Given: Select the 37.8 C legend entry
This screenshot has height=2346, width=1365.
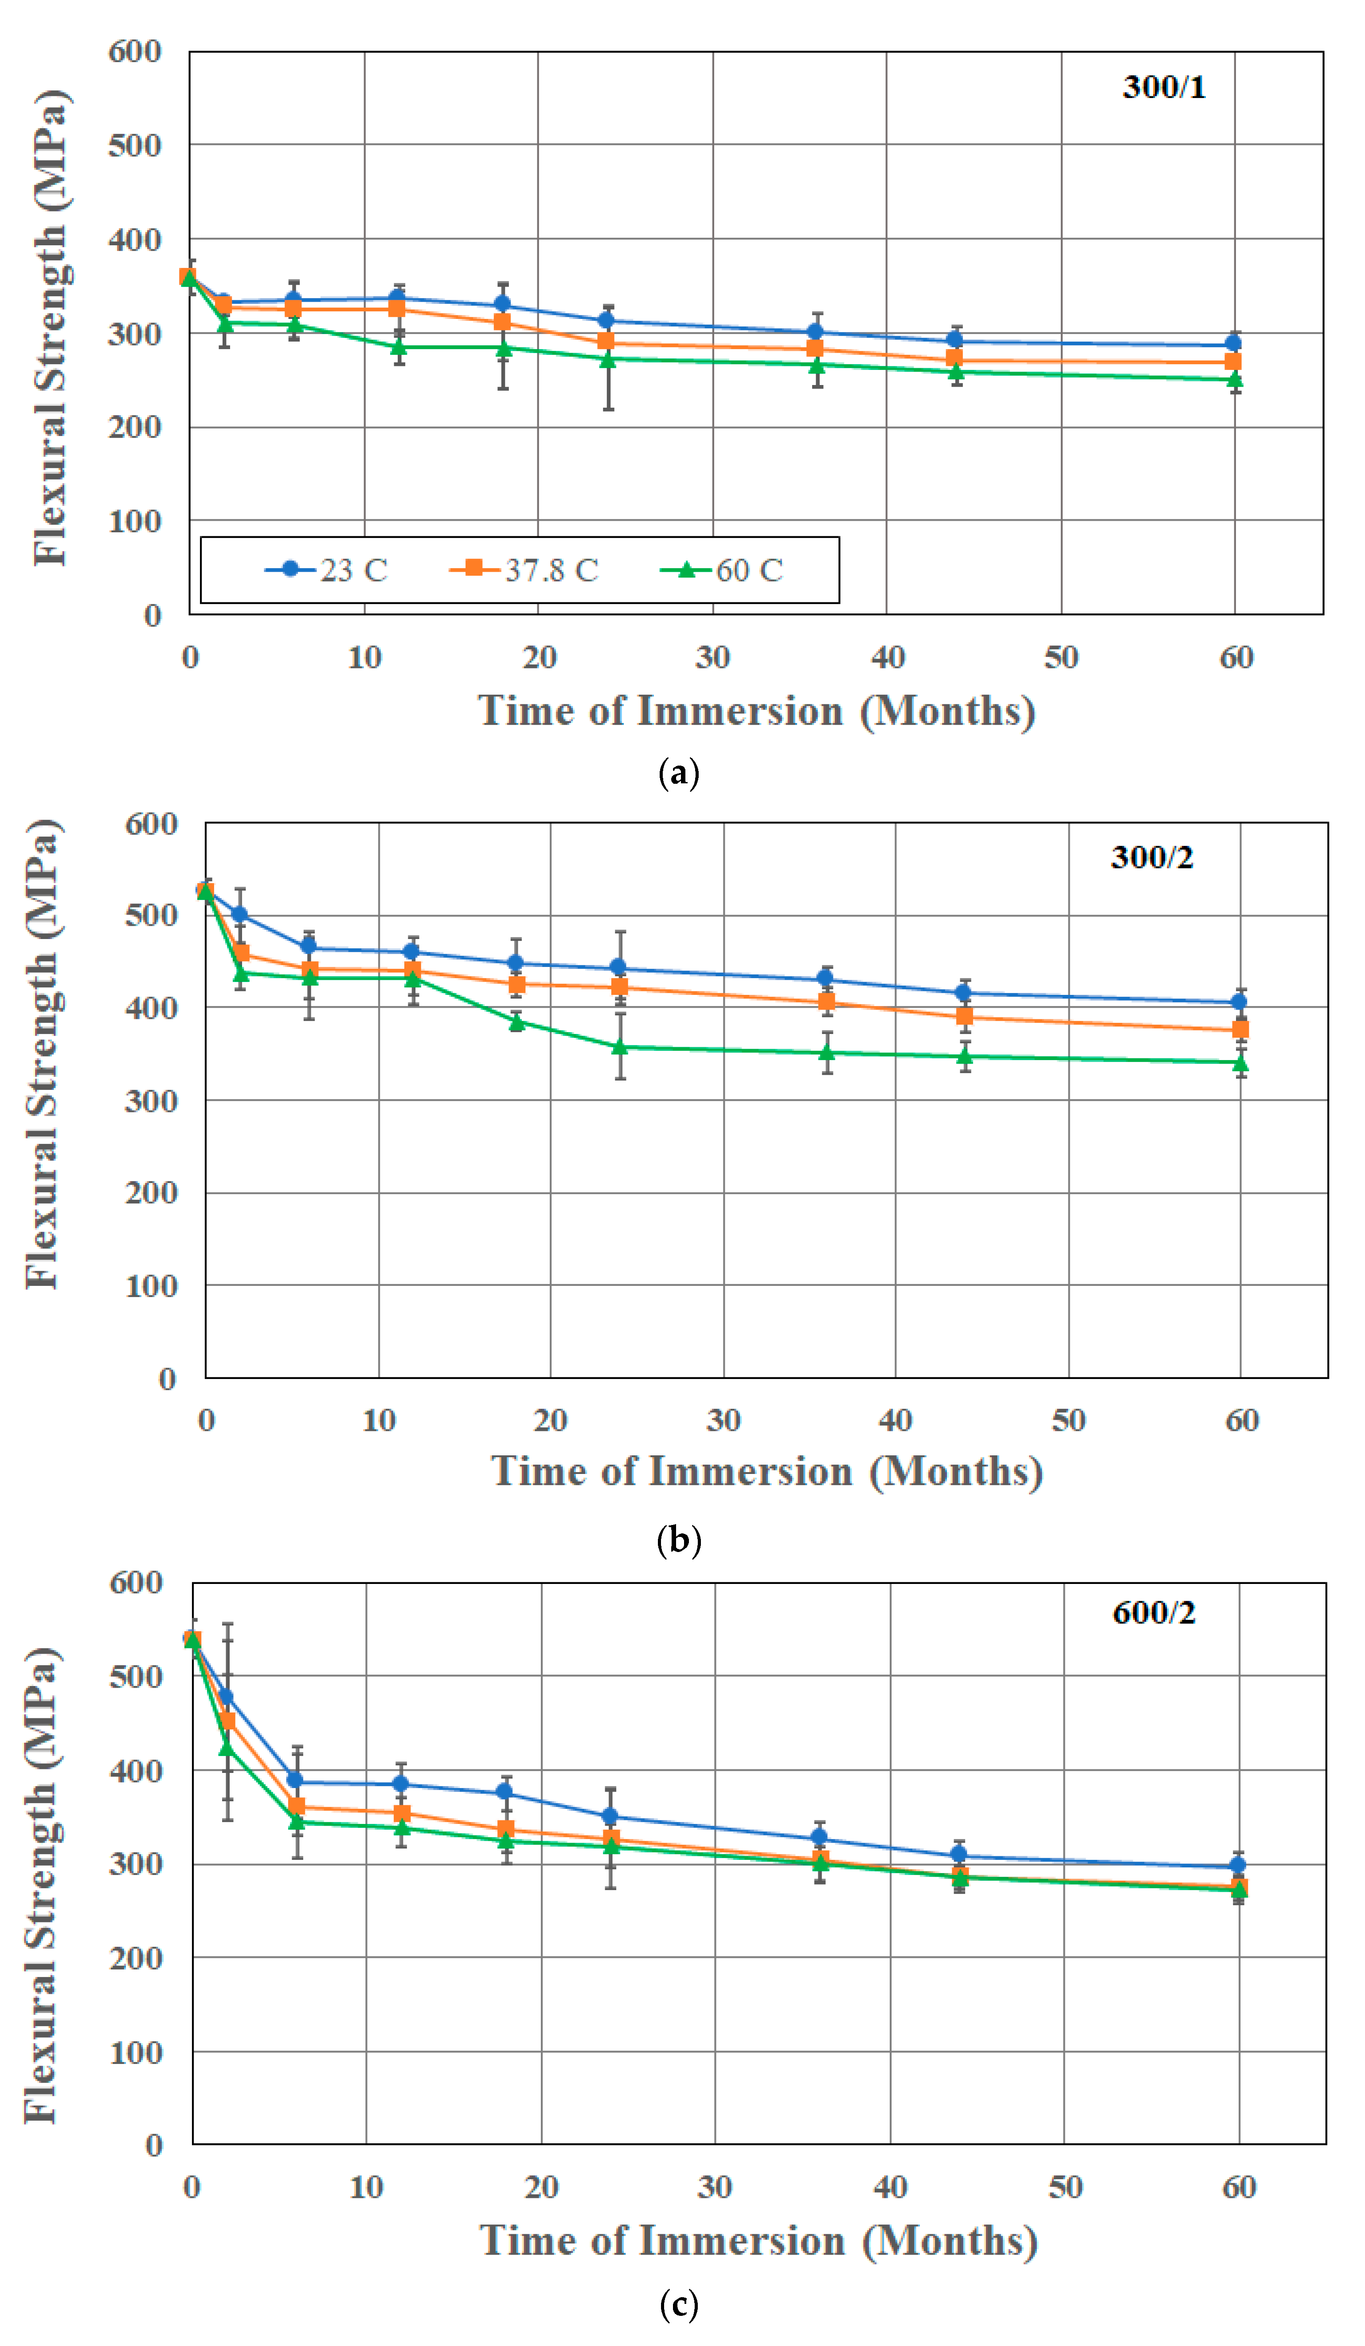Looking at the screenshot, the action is (x=524, y=570).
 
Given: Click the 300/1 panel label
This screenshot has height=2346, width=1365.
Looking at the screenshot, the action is (x=1164, y=86).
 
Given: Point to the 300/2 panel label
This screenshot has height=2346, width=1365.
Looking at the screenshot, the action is (x=1152, y=857).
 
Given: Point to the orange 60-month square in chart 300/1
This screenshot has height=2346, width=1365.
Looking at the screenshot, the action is (x=1233, y=361).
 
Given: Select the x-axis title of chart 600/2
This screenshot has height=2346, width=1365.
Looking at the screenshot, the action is (x=759, y=2241).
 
